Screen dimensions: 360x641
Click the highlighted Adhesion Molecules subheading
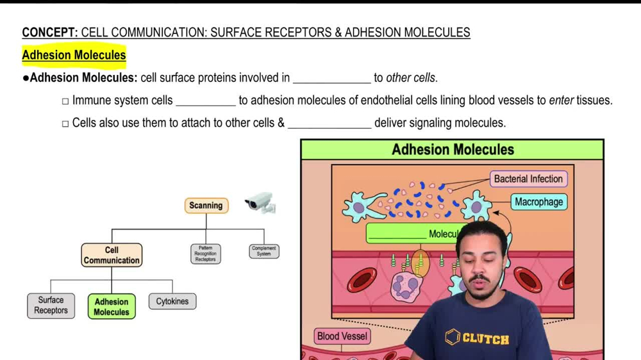pyautogui.click(x=74, y=55)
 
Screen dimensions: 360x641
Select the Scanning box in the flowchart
pyautogui.click(x=206, y=206)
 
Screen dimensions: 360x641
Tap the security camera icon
pyautogui.click(x=260, y=203)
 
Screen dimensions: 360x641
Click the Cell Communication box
pyautogui.click(x=112, y=255)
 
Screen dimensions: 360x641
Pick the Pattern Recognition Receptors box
pyautogui.click(x=206, y=254)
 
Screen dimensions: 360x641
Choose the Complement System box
pyautogui.click(x=264, y=251)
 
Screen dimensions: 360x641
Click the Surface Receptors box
pyautogui.click(x=51, y=305)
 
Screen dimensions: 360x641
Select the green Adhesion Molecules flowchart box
pyautogui.click(x=112, y=307)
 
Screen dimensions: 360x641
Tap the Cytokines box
pyautogui.click(x=172, y=301)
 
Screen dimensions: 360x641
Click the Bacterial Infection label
pyautogui.click(x=528, y=179)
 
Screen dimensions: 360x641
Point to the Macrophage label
pyautogui.click(x=538, y=202)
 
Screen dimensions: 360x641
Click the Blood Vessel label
pyautogui.click(x=342, y=336)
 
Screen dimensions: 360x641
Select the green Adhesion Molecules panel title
pyautogui.click(x=453, y=150)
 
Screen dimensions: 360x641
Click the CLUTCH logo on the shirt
pyautogui.click(x=477, y=338)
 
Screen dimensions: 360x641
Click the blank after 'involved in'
pyautogui.click(x=331, y=78)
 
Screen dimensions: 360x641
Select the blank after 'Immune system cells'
pyautogui.click(x=206, y=101)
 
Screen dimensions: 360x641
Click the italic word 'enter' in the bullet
pyautogui.click(x=561, y=101)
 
